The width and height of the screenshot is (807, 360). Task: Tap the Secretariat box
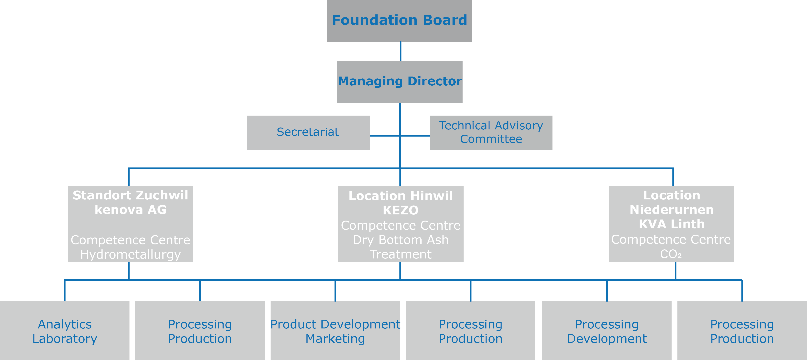click(x=308, y=132)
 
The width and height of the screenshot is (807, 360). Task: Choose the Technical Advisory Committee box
click(x=491, y=132)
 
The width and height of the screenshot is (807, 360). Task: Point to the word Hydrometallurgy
click(x=130, y=254)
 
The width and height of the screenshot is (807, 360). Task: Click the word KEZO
click(x=401, y=210)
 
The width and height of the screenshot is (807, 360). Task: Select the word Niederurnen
click(x=672, y=210)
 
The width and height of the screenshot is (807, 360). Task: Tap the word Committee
click(x=491, y=139)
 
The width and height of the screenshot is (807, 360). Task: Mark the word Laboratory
click(x=65, y=339)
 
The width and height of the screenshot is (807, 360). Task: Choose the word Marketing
click(x=335, y=339)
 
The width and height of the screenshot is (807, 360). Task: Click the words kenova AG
click(x=130, y=210)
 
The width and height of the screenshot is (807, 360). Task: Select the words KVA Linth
click(x=672, y=224)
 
